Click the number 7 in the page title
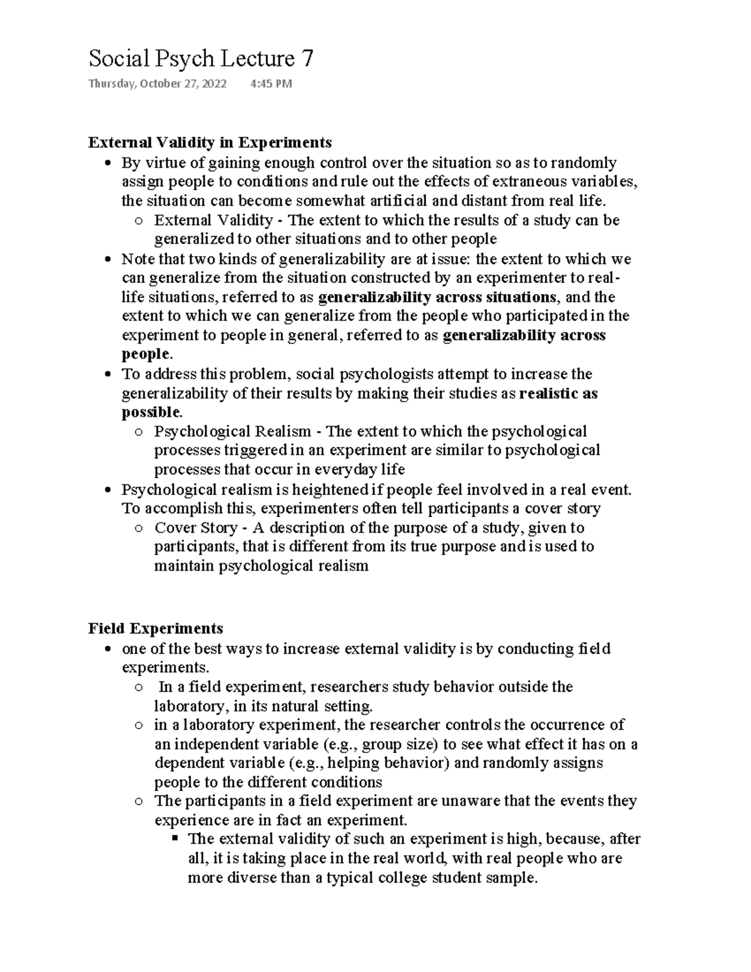point(307,59)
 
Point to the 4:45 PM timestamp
point(270,84)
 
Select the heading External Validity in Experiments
point(210,143)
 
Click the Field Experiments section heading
point(156,628)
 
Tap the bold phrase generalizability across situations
point(437,297)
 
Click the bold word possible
point(150,412)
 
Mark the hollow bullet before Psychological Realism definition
point(139,432)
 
